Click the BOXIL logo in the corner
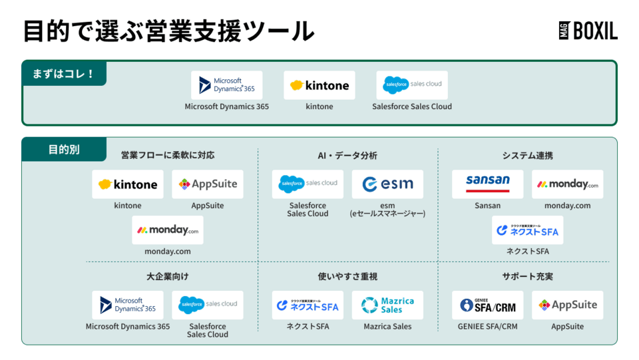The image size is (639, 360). pyautogui.click(x=588, y=31)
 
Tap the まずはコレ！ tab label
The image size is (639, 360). pyautogui.click(x=64, y=74)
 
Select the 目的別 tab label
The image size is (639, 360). pyautogui.click(x=64, y=150)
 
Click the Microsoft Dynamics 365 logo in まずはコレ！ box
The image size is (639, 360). pyautogui.click(x=227, y=86)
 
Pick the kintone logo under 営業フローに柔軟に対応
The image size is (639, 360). pyautogui.click(x=128, y=184)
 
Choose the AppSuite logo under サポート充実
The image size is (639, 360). pyautogui.click(x=567, y=305)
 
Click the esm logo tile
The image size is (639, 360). pyautogui.click(x=387, y=184)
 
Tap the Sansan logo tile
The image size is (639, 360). pyautogui.click(x=487, y=184)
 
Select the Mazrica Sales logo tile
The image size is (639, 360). pyautogui.click(x=387, y=305)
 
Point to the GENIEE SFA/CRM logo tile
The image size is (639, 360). pyautogui.click(x=487, y=305)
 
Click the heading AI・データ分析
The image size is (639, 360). pyautogui.click(x=347, y=156)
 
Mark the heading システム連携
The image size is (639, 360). pyautogui.click(x=527, y=156)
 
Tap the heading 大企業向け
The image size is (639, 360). pyautogui.click(x=168, y=276)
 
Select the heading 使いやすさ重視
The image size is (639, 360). pyautogui.click(x=347, y=276)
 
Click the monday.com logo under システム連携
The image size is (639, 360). pyautogui.click(x=567, y=184)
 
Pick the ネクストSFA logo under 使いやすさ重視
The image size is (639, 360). pyautogui.click(x=308, y=305)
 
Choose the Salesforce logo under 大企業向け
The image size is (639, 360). pyautogui.click(x=208, y=305)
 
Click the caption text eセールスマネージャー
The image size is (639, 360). pyautogui.click(x=387, y=214)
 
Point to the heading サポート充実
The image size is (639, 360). pyautogui.click(x=527, y=276)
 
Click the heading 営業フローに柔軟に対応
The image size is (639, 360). pyautogui.click(x=168, y=156)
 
